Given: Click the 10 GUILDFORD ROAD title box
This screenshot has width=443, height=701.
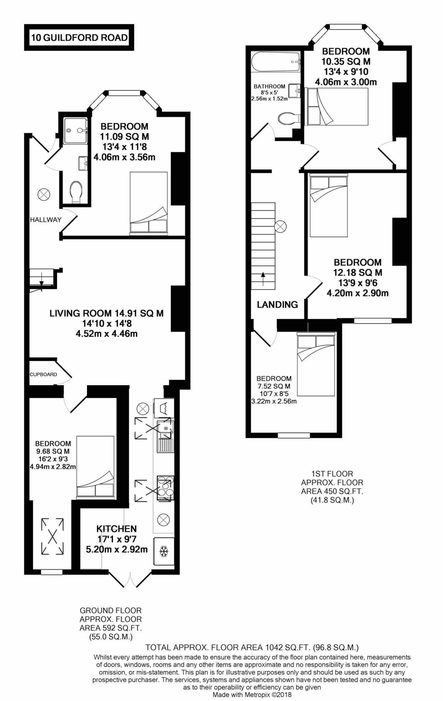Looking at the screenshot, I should [79, 37].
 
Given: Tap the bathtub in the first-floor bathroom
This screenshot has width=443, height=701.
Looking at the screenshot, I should [276, 62].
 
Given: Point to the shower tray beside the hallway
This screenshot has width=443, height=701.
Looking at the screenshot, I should [75, 130].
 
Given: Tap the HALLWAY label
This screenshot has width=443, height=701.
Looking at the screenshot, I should [46, 220].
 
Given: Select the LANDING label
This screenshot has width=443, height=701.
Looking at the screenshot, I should [277, 304].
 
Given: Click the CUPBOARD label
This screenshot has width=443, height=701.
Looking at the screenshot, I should [43, 374].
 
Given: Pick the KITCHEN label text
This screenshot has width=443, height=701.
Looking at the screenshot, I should [116, 529].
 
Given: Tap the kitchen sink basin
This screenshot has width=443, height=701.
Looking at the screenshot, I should [166, 429].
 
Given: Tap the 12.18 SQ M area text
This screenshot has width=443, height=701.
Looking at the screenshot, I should [357, 273].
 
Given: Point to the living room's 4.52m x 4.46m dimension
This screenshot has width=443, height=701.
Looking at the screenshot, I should [106, 333].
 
